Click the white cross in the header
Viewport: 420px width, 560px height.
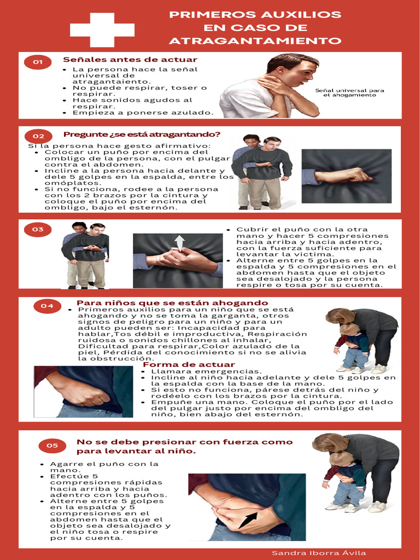click(102, 30)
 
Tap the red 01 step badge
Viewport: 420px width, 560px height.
click(38, 62)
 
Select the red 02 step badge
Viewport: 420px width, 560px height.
click(38, 136)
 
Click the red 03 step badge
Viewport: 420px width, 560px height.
click(38, 230)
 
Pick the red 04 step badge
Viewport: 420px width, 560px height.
click(48, 306)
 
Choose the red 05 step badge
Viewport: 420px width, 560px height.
click(52, 446)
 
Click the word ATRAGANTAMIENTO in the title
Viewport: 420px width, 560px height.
click(255, 41)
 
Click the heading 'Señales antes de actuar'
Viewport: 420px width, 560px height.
click(130, 60)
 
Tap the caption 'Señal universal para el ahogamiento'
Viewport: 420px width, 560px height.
click(349, 92)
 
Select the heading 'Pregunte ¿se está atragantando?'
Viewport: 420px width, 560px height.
click(142, 135)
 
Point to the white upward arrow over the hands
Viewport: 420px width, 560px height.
click(179, 243)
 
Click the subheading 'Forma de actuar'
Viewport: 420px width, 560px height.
click(181, 365)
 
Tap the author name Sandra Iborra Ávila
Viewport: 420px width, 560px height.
click(319, 553)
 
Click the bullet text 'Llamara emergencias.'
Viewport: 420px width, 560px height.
click(199, 371)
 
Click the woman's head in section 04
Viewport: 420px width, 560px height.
click(340, 316)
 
